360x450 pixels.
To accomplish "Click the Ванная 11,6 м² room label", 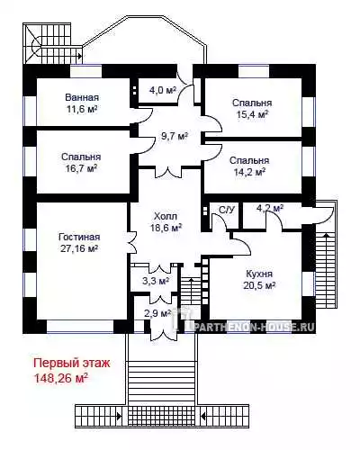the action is [x=82, y=103].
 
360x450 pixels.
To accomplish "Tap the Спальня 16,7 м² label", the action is [x=81, y=162].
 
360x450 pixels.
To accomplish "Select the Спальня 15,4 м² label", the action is [x=252, y=108].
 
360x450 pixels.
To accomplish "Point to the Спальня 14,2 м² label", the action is [x=249, y=166].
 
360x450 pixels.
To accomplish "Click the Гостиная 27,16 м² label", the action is [x=79, y=242].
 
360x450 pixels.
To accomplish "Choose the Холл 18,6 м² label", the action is [x=166, y=221].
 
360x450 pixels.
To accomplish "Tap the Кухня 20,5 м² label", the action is [x=259, y=279].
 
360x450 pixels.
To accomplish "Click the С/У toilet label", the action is [x=227, y=210].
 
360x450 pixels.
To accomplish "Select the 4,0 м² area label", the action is [x=162, y=90].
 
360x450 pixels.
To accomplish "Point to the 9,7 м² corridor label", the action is [x=175, y=136].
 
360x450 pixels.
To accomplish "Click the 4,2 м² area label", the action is [x=270, y=208].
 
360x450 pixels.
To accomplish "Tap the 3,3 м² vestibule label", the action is [x=156, y=281].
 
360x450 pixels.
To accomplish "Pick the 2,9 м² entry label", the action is [x=157, y=313].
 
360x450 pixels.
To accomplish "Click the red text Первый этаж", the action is [x=72, y=363].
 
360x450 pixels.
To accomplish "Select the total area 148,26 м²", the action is [x=61, y=378].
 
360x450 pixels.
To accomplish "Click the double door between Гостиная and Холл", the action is [x=132, y=242].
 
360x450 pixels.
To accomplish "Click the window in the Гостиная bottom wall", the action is [x=80, y=327].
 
